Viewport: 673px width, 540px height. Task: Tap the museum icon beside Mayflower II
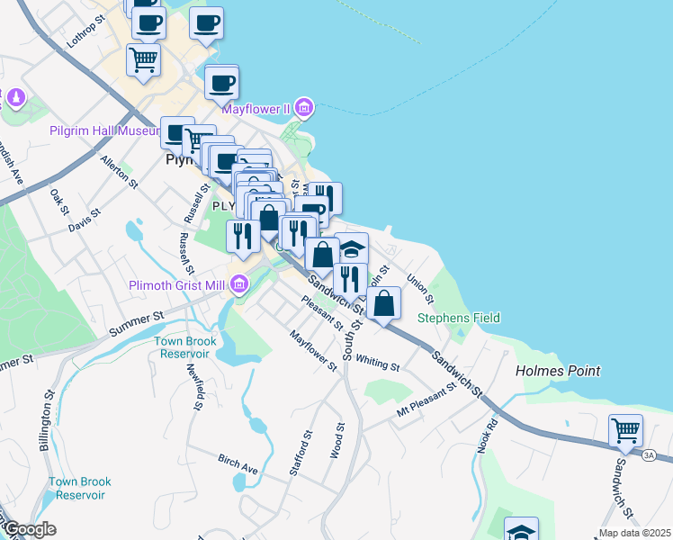pos(303,109)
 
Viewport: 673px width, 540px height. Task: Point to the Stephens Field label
pos(459,318)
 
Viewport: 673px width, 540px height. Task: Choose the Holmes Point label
pos(557,371)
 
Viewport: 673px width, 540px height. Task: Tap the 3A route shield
pos(649,455)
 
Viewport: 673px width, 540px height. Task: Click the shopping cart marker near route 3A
pos(625,430)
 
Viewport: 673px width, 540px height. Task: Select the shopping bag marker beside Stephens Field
pos(384,303)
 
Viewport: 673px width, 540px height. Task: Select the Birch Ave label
pos(238,463)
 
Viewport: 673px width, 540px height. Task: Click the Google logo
pos(30,530)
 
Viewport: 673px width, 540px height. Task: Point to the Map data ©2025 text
pos(633,533)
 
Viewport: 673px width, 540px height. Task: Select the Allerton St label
pos(119,171)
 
